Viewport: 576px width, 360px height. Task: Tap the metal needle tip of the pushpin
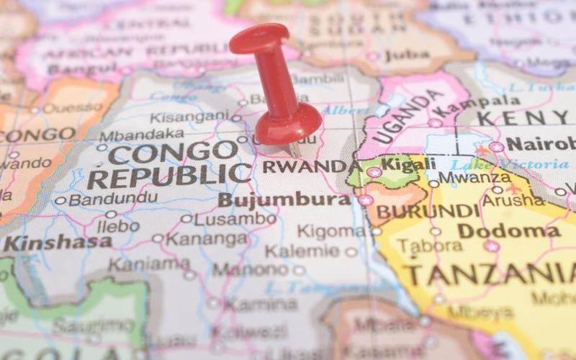[x=295, y=153]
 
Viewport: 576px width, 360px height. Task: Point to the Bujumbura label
[x=284, y=199]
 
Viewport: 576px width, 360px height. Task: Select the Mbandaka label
[x=141, y=135]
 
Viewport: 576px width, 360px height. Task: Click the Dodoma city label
[x=509, y=230]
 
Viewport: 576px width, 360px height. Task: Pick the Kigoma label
[x=331, y=231]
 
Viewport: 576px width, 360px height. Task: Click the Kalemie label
[x=302, y=251]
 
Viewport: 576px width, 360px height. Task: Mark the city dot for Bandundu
[x=60, y=201]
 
